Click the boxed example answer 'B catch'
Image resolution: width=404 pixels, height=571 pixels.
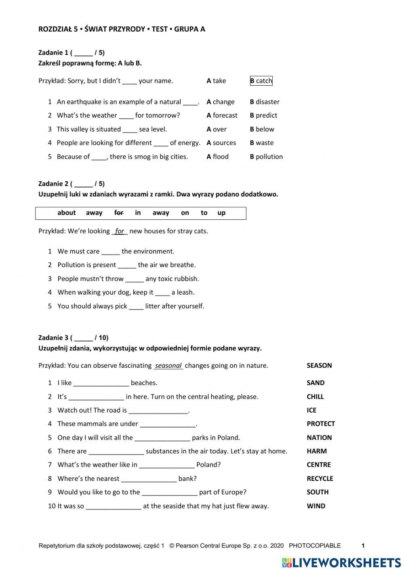(x=261, y=81)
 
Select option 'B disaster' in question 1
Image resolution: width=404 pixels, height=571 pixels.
(x=265, y=102)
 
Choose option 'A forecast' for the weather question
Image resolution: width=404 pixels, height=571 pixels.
(x=222, y=116)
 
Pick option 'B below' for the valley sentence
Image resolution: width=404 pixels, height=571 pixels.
(x=262, y=129)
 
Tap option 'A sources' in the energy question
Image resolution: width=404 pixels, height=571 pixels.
(x=221, y=143)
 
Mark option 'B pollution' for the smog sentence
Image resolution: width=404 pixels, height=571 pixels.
(x=266, y=157)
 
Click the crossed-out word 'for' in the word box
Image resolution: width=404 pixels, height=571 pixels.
(x=119, y=213)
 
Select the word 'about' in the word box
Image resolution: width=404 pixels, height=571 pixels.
(x=67, y=213)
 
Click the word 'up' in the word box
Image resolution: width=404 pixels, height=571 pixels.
(x=221, y=213)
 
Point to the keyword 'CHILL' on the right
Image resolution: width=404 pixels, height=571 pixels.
(x=315, y=397)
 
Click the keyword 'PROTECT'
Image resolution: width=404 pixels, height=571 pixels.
(x=321, y=424)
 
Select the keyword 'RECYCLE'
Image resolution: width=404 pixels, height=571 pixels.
(x=320, y=478)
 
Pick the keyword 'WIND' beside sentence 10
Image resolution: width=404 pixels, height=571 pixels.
(x=316, y=506)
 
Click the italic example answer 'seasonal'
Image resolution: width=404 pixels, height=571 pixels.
(x=168, y=366)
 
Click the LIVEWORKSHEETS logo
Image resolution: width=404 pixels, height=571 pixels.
(x=341, y=563)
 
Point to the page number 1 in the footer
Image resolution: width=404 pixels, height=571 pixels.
(x=363, y=546)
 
